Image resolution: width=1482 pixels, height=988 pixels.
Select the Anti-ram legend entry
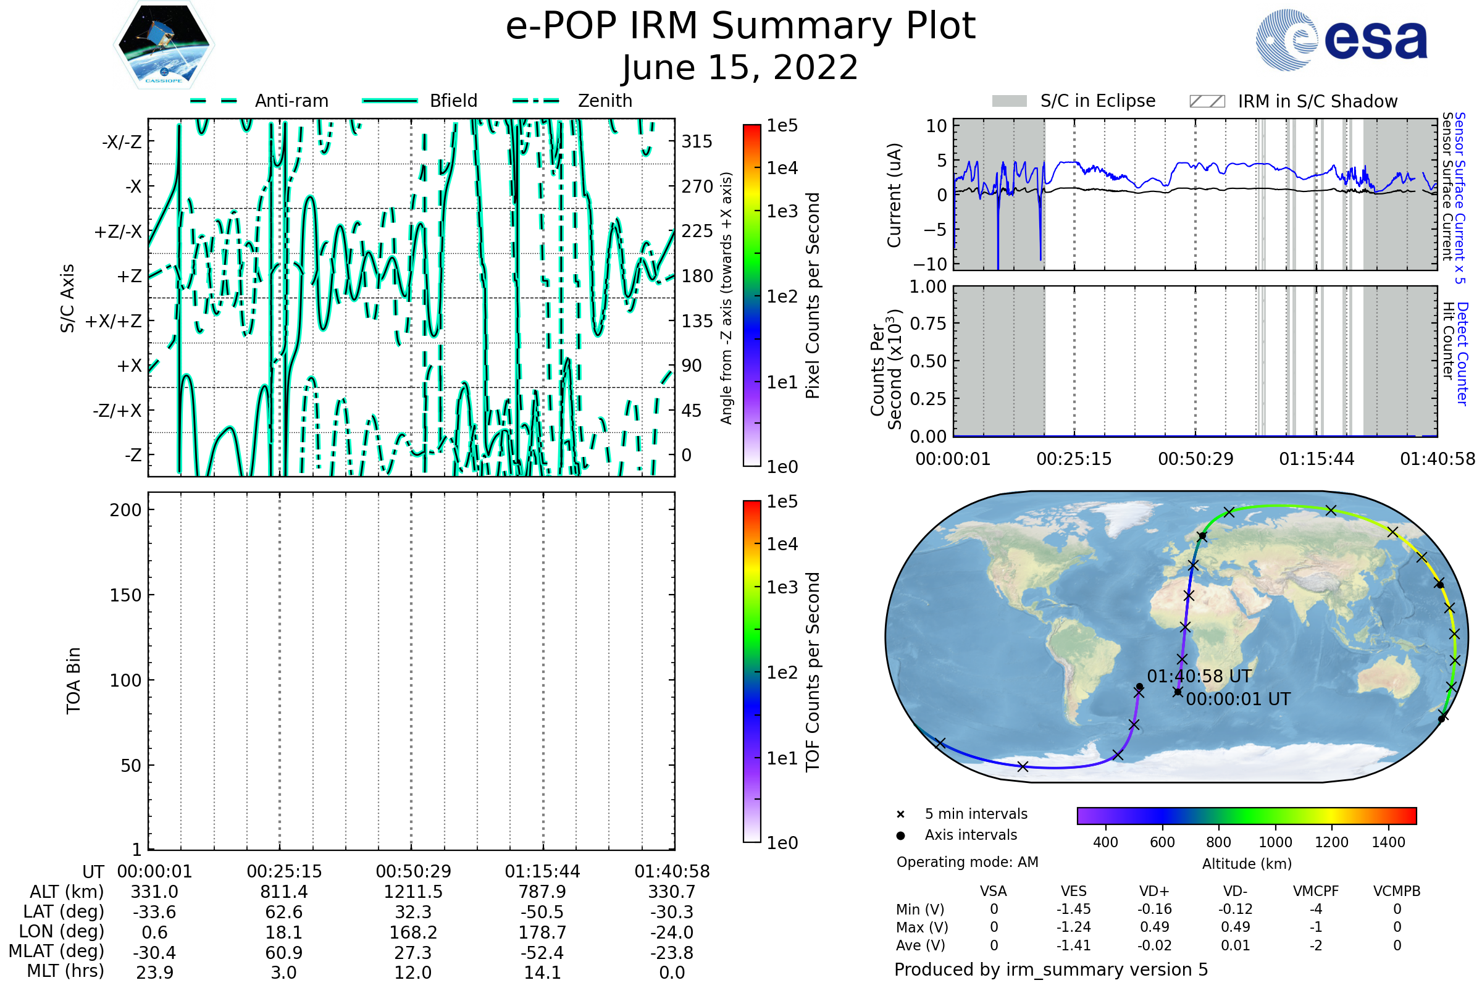click(259, 101)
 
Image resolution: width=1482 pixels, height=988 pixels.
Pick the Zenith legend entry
click(572, 101)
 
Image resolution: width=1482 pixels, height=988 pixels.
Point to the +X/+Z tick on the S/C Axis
click(114, 321)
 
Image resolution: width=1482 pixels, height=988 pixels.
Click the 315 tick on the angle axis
click(697, 141)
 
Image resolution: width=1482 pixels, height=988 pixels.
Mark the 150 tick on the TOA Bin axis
click(125, 595)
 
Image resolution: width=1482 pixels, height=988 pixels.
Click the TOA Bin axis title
click(73, 680)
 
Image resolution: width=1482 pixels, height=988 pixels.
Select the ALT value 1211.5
click(413, 892)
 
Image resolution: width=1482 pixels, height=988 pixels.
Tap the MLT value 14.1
click(543, 972)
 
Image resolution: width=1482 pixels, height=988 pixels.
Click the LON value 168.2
click(413, 932)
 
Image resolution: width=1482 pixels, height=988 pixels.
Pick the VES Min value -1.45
click(1074, 909)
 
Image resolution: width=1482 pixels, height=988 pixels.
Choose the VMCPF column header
click(1316, 891)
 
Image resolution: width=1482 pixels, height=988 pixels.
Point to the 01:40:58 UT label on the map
click(1199, 676)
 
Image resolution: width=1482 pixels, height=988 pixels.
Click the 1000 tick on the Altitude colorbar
click(1275, 842)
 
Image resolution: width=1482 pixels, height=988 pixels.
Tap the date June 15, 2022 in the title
click(740, 67)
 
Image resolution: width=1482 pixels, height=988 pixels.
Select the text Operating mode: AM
click(967, 862)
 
